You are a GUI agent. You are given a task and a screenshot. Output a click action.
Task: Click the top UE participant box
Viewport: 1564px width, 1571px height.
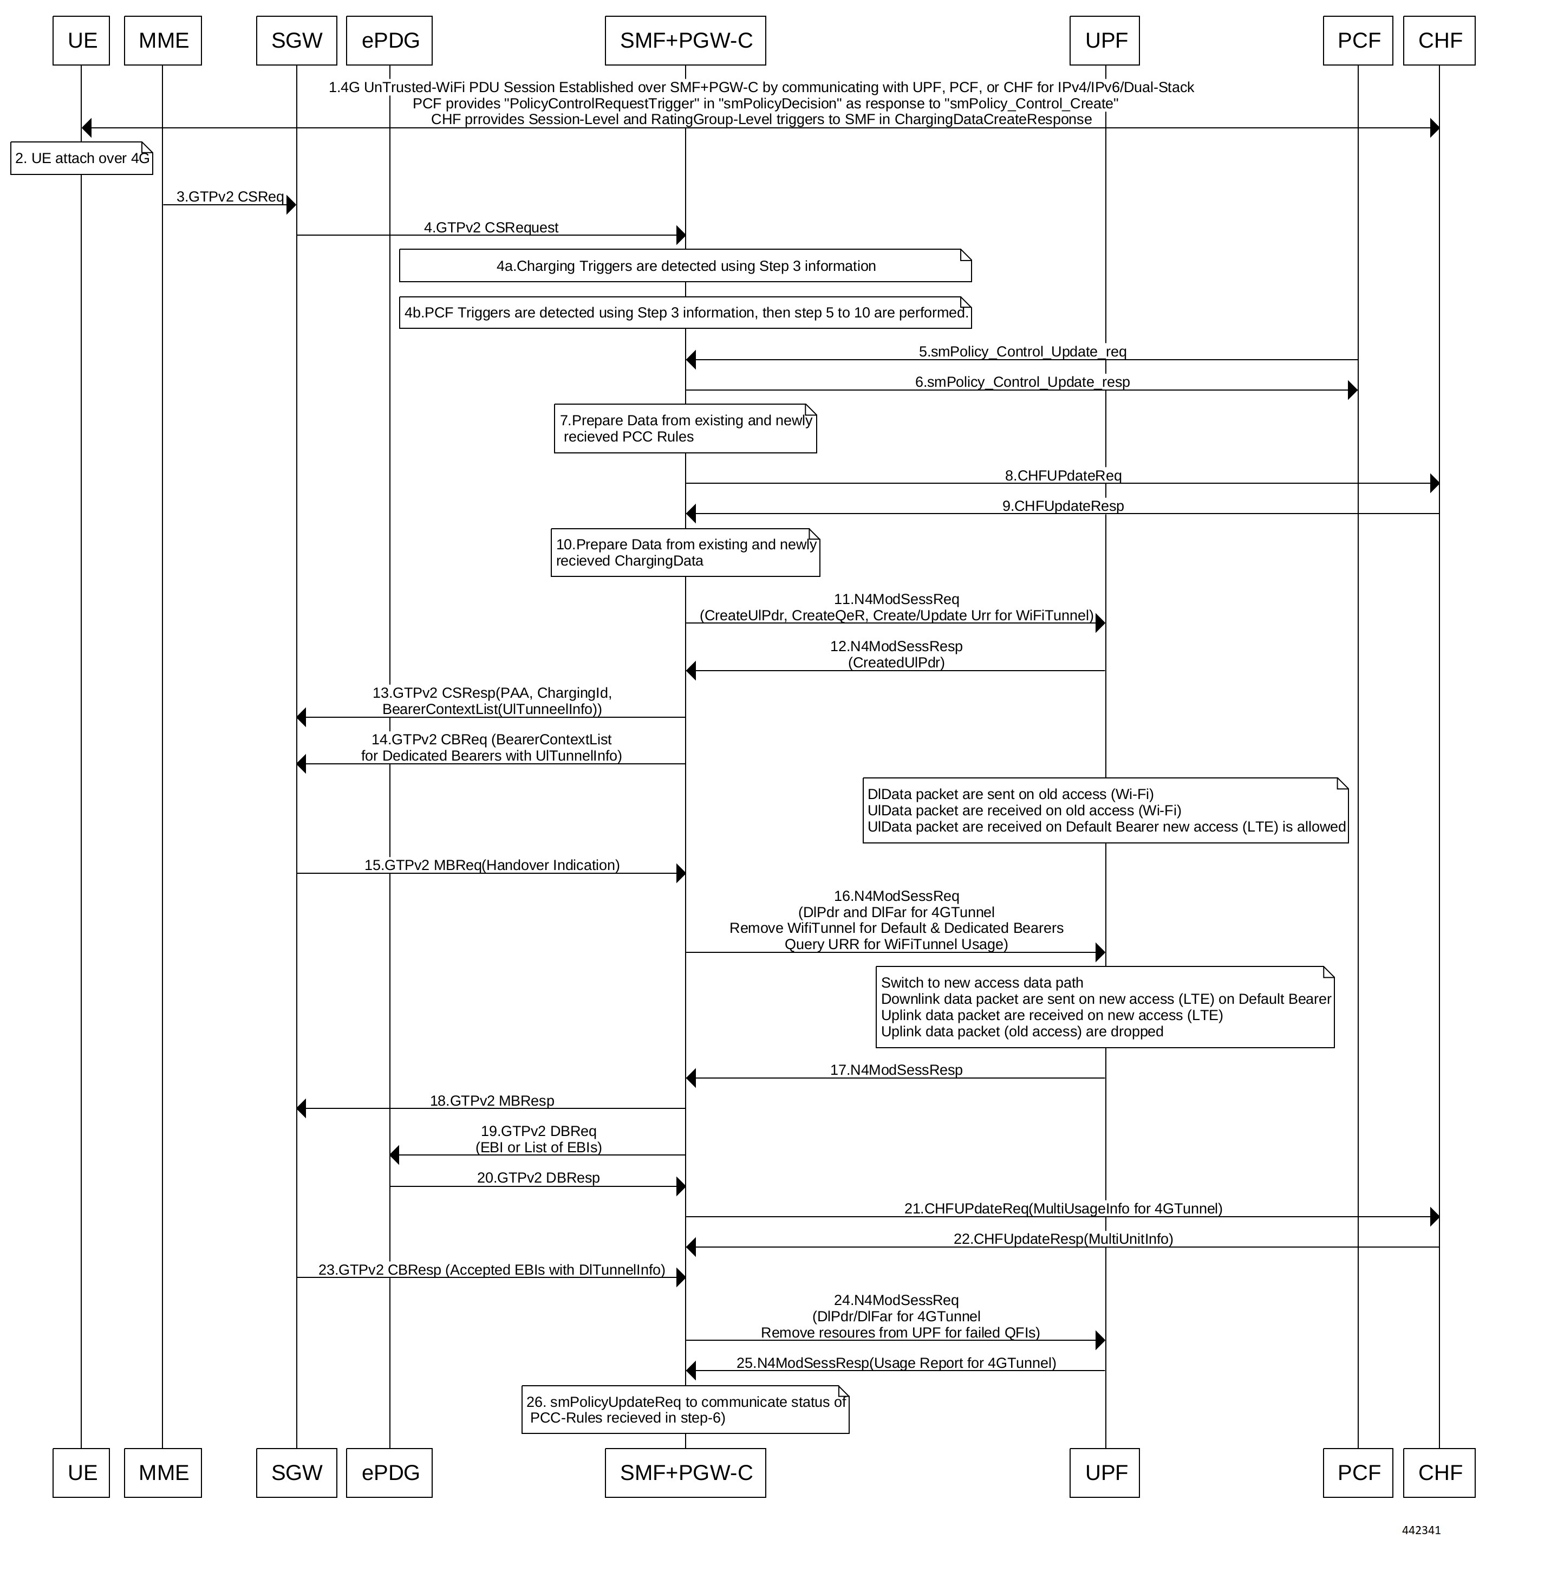81,41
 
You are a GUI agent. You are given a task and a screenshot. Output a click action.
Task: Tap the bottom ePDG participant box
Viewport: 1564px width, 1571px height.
389,1472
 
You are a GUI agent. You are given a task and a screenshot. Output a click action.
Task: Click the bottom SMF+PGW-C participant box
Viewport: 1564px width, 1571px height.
685,1472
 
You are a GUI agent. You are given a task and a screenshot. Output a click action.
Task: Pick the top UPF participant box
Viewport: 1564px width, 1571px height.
1105,41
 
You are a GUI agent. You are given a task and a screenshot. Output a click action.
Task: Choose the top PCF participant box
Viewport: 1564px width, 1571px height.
1358,41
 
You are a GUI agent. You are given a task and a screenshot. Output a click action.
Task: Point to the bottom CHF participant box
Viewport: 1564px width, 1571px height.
1439,1472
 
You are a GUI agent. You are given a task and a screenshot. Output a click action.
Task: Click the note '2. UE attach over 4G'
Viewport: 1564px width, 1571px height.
81,159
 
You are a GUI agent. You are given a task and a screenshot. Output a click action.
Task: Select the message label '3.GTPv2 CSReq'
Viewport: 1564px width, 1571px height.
230,197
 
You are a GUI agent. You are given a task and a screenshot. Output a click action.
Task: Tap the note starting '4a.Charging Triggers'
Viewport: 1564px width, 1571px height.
685,266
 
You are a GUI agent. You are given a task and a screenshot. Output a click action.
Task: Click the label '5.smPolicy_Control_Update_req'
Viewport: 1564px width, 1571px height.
1022,351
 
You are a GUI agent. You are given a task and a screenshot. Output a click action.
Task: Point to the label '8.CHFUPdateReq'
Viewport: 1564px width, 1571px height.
1063,475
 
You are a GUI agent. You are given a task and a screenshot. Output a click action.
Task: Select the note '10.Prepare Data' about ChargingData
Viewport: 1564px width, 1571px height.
685,553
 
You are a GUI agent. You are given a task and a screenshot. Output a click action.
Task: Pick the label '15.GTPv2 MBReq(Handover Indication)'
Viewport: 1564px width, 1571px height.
492,865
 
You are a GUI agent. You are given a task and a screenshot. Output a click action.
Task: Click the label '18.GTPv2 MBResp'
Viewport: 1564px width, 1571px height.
492,1101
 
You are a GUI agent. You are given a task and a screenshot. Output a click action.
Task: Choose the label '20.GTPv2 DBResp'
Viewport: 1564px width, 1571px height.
538,1177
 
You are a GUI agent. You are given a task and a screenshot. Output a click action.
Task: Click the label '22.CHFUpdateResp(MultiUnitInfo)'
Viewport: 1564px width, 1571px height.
1063,1239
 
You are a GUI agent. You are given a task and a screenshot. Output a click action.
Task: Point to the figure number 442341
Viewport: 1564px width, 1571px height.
1421,1530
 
